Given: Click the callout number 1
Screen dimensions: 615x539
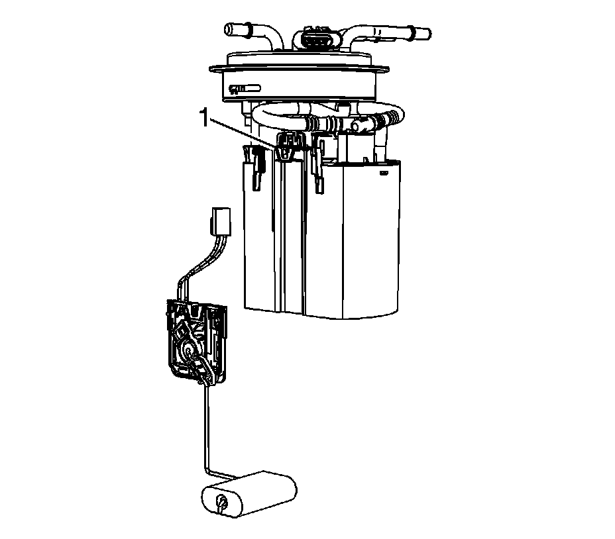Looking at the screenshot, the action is [x=204, y=118].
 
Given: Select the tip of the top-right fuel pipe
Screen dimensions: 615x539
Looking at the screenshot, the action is [x=427, y=34].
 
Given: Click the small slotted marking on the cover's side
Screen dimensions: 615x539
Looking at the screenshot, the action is [x=245, y=89].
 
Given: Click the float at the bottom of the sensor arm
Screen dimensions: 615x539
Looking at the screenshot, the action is [x=249, y=494].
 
